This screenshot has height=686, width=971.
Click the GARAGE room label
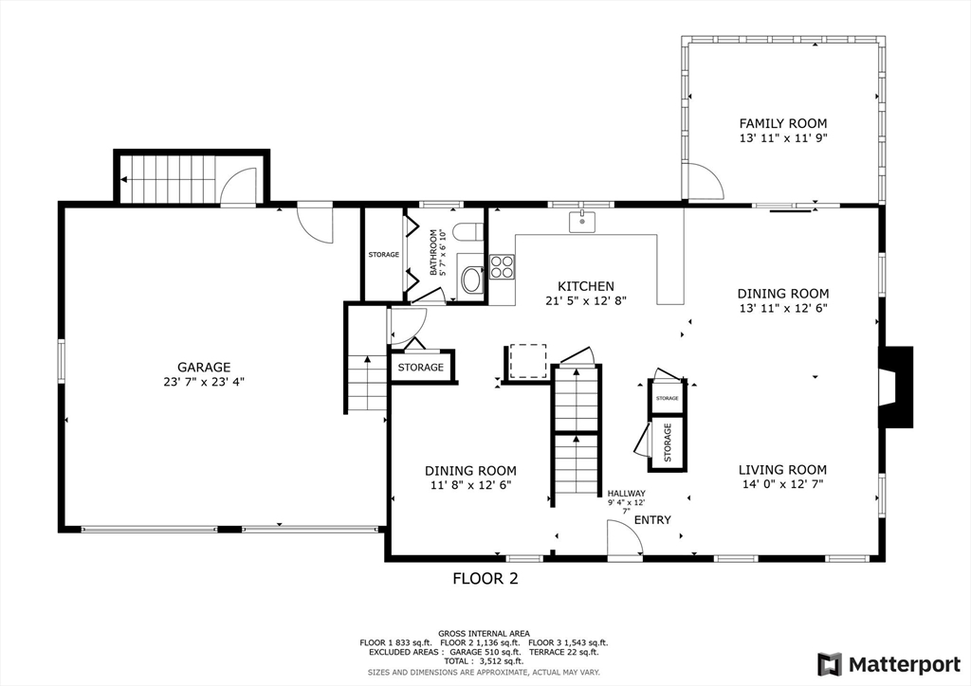coord(204,368)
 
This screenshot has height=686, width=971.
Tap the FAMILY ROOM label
coord(782,123)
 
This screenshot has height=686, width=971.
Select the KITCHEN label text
coord(585,286)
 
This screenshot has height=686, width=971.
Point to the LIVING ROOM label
coord(782,469)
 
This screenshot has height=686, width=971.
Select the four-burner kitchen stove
coord(502,267)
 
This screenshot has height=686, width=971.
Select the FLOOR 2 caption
coord(485,578)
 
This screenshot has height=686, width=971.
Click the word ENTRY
coord(652,520)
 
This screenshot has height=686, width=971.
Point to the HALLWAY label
coord(627,493)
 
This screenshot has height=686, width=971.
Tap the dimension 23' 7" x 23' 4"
coord(204,383)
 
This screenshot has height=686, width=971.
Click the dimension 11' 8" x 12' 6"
coord(470,485)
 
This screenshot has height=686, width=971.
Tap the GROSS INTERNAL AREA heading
coord(484,633)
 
